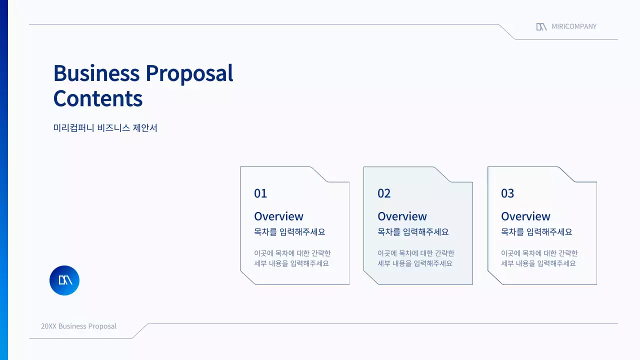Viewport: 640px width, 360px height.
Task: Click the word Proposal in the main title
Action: (189, 74)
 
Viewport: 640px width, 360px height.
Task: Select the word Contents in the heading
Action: (98, 98)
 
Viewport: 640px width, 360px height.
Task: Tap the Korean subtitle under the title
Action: (105, 128)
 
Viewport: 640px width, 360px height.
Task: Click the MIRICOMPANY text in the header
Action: (574, 26)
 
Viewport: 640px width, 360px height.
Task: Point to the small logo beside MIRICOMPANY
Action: (541, 26)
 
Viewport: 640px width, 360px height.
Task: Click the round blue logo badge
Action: (64, 280)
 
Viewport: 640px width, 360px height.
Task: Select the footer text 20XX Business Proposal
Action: (78, 326)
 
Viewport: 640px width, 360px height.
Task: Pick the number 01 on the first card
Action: (260, 193)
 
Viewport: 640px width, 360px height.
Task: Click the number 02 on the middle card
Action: (384, 193)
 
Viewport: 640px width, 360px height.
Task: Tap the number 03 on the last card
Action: (507, 193)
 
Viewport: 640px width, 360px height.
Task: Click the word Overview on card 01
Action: (278, 216)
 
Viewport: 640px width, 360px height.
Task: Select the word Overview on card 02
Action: (402, 216)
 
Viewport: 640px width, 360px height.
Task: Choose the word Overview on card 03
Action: (525, 216)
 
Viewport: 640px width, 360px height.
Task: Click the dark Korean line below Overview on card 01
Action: (289, 232)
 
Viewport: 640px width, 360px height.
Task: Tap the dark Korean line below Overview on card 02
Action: (413, 232)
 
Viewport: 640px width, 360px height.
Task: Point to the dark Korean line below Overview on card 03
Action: (536, 232)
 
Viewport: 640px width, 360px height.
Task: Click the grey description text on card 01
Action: (292, 258)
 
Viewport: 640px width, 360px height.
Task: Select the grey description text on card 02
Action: (415, 258)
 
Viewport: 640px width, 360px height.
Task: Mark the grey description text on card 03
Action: (539, 258)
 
